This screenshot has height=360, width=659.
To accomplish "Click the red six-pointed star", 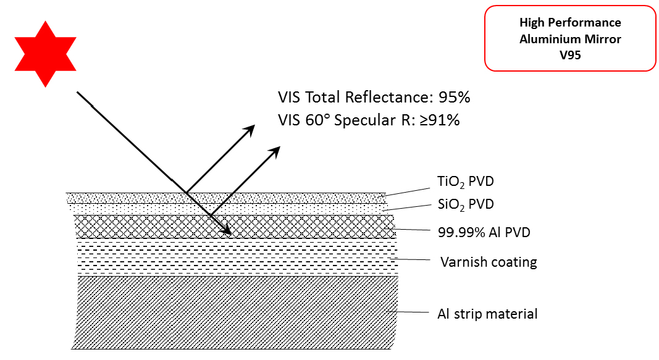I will (46, 54).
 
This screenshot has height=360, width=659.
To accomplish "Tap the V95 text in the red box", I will (569, 53).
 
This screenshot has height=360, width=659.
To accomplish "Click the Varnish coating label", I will (489, 262).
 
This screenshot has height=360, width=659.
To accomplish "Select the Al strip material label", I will (483, 314).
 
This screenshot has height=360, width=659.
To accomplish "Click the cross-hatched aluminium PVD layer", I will (154, 227).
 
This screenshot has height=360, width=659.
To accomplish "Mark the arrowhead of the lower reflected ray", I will (275, 151).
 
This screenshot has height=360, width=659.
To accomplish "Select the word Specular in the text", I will (363, 120).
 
